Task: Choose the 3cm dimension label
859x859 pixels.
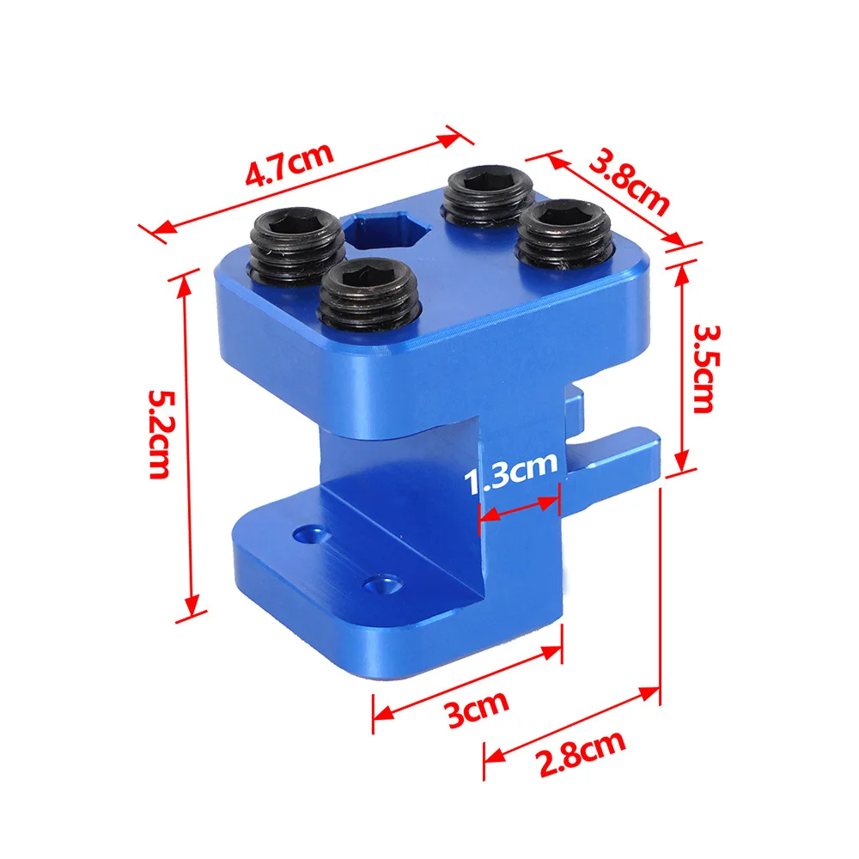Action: tap(478, 709)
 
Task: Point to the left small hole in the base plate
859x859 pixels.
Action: tap(306, 534)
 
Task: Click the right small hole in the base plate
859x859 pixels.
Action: tap(379, 584)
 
